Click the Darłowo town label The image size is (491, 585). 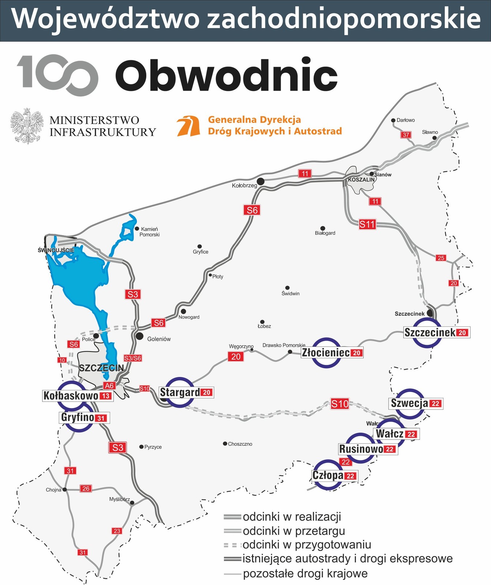click(405, 120)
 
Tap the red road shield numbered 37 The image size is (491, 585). click(406, 135)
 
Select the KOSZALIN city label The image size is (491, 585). click(361, 180)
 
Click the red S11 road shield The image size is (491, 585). click(367, 224)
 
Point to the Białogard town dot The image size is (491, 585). click(323, 228)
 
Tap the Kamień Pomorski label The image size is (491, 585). click(149, 232)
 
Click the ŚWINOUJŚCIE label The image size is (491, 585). click(56, 250)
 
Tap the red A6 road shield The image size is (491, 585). click(109, 385)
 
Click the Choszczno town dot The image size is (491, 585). click(225, 444)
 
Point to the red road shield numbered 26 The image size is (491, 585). click(86, 488)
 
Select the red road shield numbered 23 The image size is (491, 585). click(117, 531)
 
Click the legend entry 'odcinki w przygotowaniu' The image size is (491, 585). click(307, 545)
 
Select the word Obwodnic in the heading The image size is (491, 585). click(226, 76)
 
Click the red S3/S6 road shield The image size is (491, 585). click(132, 358)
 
